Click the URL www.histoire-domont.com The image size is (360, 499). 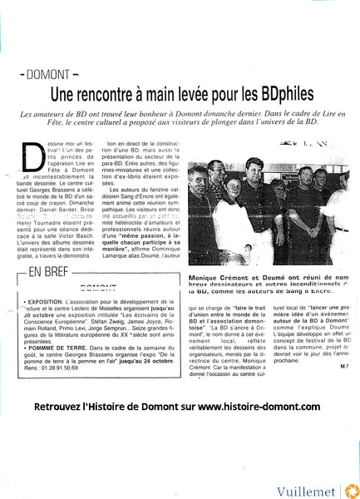259,407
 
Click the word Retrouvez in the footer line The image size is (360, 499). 63,407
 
